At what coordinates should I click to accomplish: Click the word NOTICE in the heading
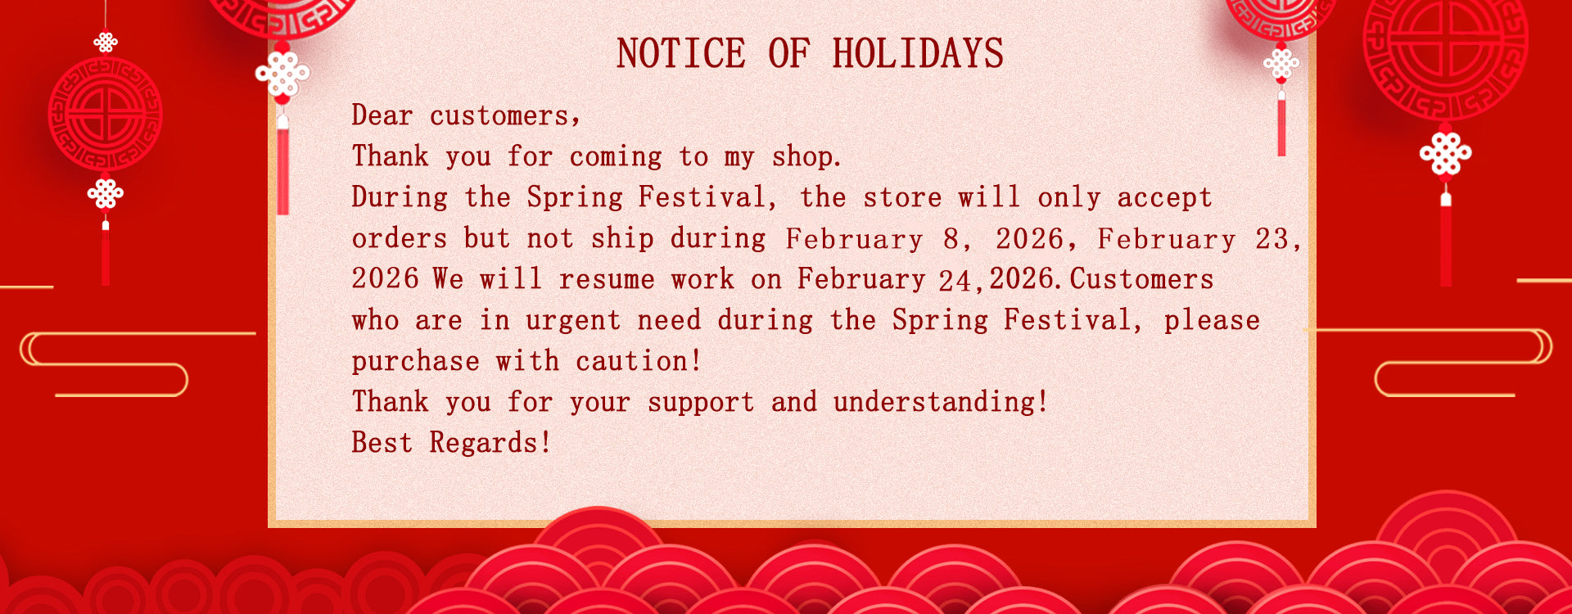(x=681, y=54)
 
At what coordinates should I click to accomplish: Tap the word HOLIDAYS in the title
(x=918, y=54)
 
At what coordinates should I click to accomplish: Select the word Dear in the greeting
(x=382, y=115)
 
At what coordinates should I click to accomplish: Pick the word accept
(x=1164, y=198)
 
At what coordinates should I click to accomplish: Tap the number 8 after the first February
(x=951, y=239)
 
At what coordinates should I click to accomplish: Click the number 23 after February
(x=1272, y=239)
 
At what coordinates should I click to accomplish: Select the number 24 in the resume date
(x=955, y=281)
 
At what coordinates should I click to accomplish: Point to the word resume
(x=607, y=280)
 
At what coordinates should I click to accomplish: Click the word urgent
(x=573, y=321)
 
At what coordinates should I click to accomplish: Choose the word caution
(x=633, y=361)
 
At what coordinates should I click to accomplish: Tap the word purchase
(x=416, y=362)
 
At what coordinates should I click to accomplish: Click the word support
(x=701, y=403)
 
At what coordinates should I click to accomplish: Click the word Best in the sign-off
(x=382, y=443)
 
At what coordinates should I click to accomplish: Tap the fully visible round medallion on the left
(x=105, y=114)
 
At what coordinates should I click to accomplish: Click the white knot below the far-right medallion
(x=1446, y=153)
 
